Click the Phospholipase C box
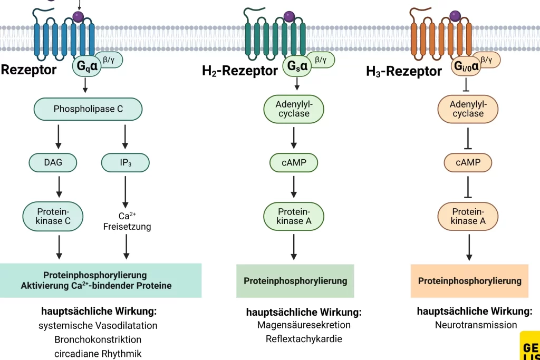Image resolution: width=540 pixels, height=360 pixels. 88,109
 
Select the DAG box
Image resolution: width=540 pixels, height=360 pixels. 53,162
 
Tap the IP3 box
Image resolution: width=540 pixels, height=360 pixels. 124,162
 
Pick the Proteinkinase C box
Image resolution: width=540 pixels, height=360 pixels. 53,216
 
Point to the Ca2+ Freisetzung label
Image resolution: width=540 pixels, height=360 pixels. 127,221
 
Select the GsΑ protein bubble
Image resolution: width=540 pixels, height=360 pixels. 296,66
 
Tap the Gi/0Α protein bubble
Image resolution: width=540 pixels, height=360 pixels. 467,66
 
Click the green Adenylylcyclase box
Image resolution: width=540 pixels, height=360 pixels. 294,109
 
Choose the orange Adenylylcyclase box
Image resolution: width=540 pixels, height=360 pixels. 467,109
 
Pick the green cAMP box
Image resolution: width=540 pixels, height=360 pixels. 294,162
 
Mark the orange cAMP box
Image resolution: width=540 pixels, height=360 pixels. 468,162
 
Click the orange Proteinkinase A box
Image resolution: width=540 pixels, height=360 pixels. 468,216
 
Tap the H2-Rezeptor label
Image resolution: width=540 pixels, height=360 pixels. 240,71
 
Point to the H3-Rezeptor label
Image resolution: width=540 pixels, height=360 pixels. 404,71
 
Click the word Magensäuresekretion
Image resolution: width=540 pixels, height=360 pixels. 304,325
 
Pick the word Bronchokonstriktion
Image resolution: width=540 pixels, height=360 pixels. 98,339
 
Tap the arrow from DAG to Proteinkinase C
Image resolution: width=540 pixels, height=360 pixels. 59,187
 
